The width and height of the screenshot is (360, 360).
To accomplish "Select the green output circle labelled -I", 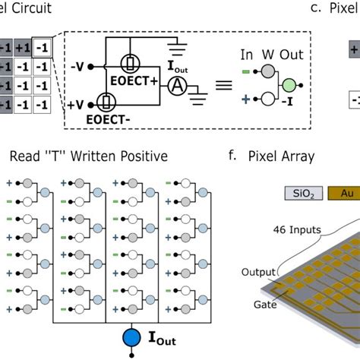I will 288,85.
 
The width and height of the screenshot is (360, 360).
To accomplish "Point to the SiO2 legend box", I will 296,194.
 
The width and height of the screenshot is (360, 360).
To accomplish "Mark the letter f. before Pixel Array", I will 231,157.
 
